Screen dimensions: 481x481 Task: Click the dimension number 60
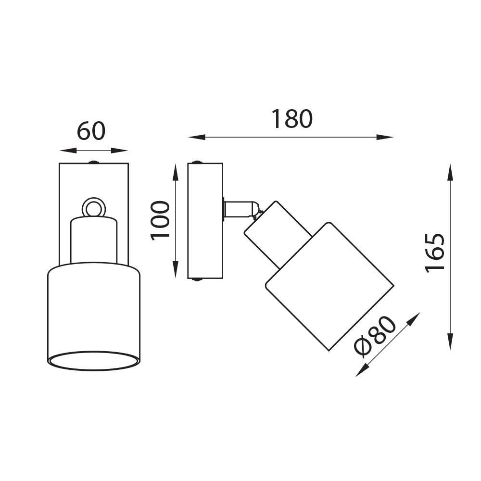91,131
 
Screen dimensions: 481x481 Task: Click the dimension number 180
292,119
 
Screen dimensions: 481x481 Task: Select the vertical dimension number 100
160,220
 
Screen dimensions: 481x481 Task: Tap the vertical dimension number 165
434,253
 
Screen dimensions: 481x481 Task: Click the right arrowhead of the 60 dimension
119,150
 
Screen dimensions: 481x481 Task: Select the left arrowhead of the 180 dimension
197,137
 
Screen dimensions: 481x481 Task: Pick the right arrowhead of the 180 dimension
385,137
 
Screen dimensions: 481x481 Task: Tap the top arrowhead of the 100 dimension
176,172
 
